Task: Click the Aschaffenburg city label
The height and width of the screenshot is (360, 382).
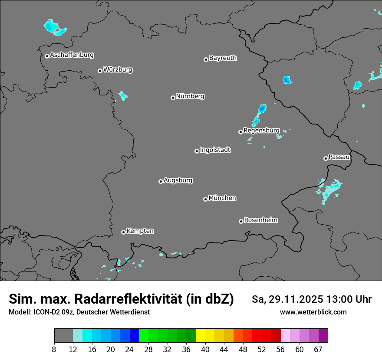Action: [x=72, y=55]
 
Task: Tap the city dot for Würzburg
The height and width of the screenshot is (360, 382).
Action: [x=100, y=71]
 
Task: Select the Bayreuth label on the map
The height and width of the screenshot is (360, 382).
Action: [x=223, y=58]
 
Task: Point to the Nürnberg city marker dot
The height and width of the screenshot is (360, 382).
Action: [x=173, y=98]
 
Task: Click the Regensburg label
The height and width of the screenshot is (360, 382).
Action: [x=261, y=131]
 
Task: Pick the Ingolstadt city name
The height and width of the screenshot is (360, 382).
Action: [x=215, y=150]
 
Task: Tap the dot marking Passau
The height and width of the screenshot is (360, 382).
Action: [x=326, y=158]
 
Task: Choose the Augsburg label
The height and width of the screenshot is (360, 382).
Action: [x=178, y=180]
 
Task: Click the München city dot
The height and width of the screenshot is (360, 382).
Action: [x=205, y=200]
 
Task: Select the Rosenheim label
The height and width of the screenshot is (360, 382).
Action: [x=260, y=220]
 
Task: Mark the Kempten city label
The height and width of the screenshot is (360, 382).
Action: [x=140, y=231]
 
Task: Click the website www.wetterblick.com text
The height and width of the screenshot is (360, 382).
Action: [x=313, y=312]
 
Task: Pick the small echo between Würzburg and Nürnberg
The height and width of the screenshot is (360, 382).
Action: [x=123, y=95]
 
